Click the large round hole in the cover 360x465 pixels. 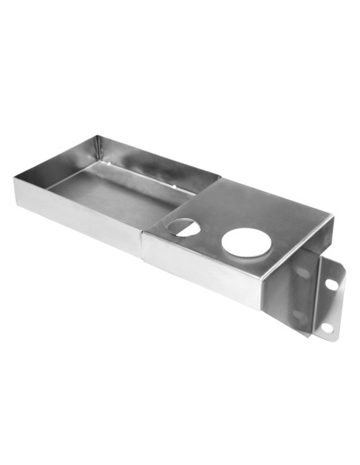tap(246, 241)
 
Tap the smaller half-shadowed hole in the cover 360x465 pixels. tap(184, 226)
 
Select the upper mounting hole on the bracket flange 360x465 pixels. tap(331, 283)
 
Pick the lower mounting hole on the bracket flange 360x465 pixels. tap(326, 327)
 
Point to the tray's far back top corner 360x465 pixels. tap(99, 137)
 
